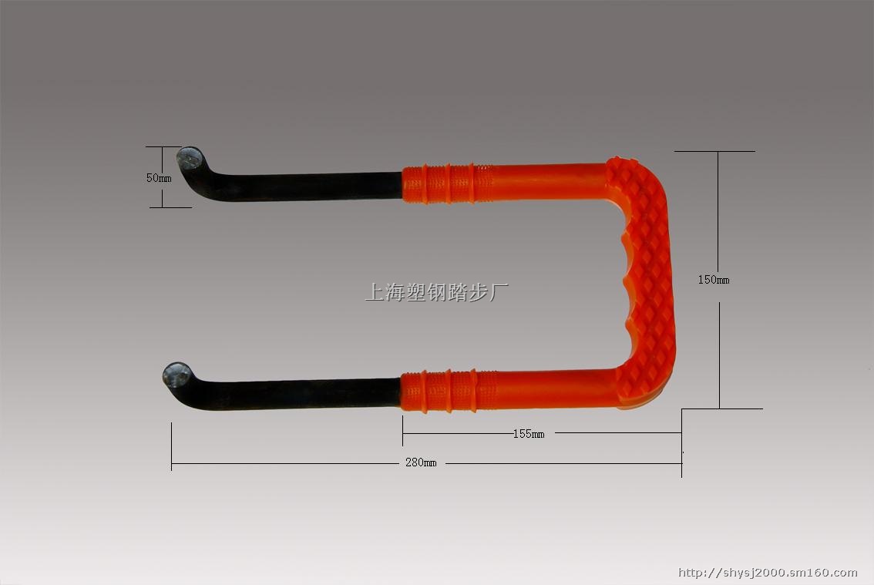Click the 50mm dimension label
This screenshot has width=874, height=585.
coord(159,178)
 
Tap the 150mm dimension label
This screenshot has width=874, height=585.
coord(714,279)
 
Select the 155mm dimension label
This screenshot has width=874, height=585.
coord(529,434)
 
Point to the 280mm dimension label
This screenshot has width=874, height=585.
coord(421,462)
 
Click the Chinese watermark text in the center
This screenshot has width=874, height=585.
coord(436,292)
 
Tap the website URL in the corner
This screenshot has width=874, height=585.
coord(768,572)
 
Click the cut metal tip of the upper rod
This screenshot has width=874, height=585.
coord(190,159)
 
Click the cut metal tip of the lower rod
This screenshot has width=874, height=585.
coord(176,375)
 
